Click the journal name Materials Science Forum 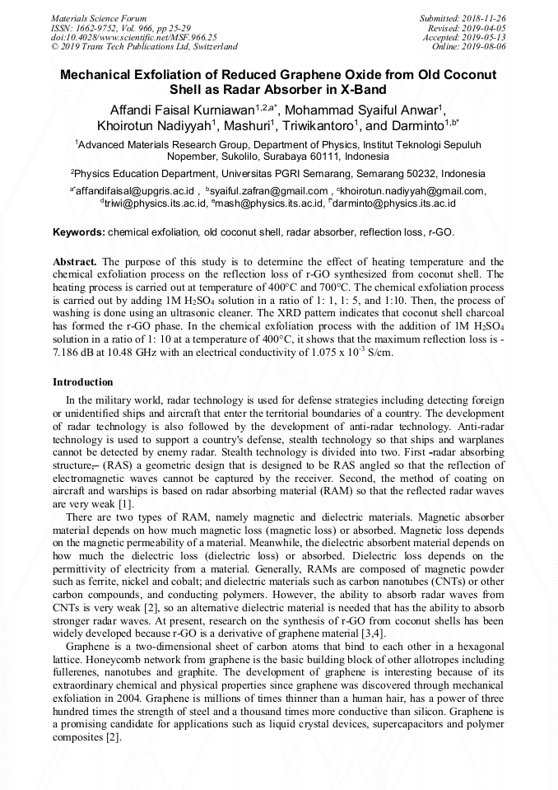pos(99,18)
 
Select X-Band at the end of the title pos(363,89)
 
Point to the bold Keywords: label pos(79,233)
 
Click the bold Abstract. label pos(76,261)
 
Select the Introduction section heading pos(83,382)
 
